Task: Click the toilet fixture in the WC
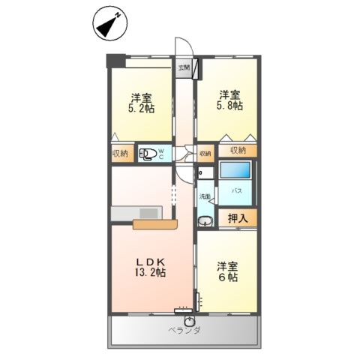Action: tap(151, 154)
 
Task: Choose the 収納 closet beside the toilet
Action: tap(120, 154)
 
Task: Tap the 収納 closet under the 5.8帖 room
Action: tap(238, 151)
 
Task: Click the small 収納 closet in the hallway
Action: tap(205, 154)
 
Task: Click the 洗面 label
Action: tap(205, 197)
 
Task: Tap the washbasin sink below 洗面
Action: tap(205, 220)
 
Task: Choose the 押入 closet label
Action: tap(238, 217)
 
